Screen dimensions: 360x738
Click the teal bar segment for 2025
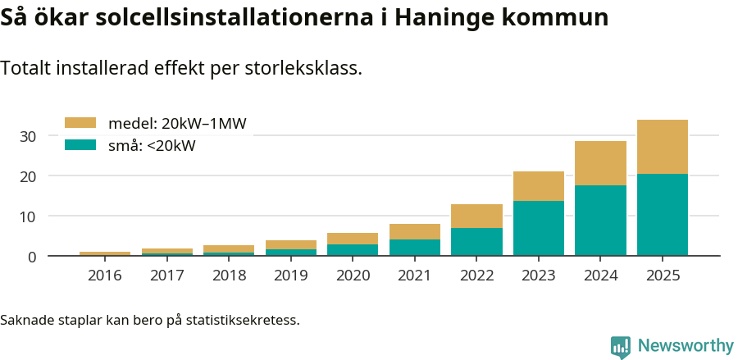[x=662, y=214]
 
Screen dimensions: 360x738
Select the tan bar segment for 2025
[x=662, y=147]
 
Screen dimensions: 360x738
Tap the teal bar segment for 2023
[x=538, y=228]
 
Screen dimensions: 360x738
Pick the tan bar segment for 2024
[x=600, y=163]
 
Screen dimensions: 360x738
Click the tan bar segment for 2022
[x=476, y=216]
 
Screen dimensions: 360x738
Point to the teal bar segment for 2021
[x=414, y=247]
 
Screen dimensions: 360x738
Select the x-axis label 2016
[x=104, y=276]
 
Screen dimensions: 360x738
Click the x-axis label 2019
[x=290, y=276]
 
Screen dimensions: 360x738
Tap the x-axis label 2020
[x=353, y=276]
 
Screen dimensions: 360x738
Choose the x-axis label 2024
[x=600, y=276]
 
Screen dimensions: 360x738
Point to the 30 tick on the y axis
[x=28, y=136]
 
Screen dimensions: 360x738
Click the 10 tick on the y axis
[x=28, y=216]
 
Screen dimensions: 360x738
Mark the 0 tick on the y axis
[x=32, y=257]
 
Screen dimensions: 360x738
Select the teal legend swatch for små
[x=80, y=146]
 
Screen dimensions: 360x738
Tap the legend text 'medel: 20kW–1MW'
[x=177, y=124]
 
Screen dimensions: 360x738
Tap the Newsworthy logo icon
[x=621, y=346]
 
